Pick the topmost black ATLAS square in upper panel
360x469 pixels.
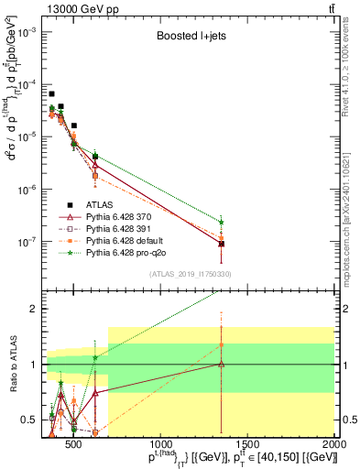(52, 93)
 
